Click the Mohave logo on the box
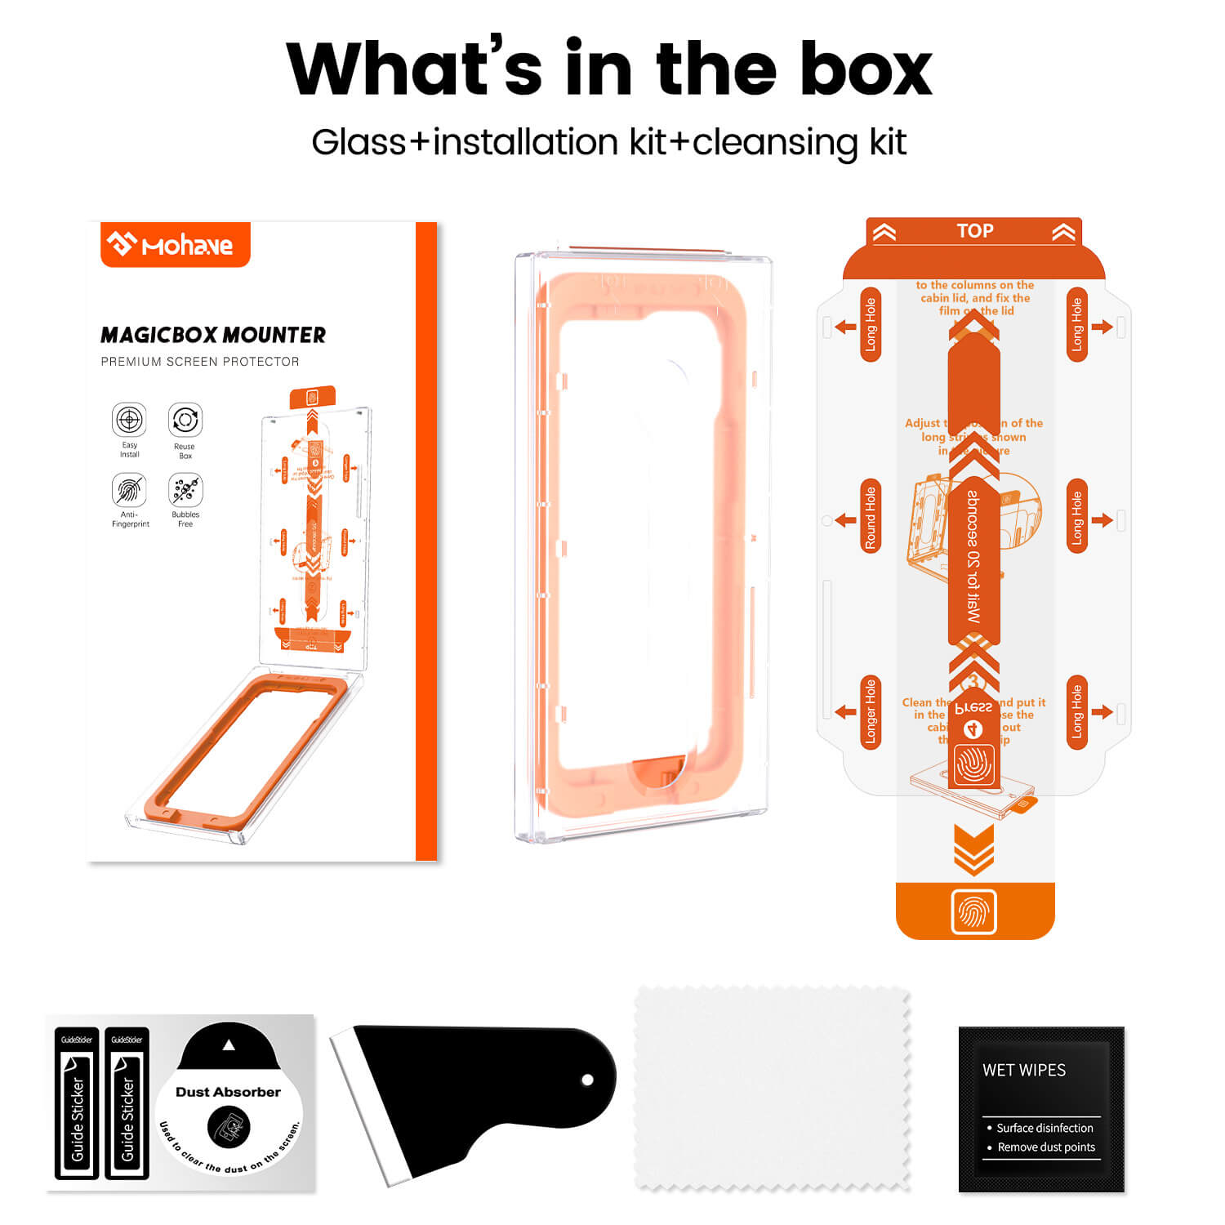click(175, 244)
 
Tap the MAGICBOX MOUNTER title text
click(212, 335)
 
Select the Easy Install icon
click(129, 420)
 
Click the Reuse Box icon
click(185, 420)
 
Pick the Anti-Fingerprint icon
click(129, 490)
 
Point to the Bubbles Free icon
click(185, 490)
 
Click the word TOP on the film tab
click(974, 231)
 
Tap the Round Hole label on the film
click(871, 517)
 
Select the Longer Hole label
click(871, 711)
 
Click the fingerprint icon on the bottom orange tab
click(973, 911)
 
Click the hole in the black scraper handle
click(586, 1080)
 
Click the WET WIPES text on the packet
click(1024, 1070)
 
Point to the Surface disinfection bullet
click(1044, 1128)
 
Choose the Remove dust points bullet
click(1045, 1147)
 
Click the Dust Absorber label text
click(228, 1092)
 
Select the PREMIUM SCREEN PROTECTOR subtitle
click(200, 362)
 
